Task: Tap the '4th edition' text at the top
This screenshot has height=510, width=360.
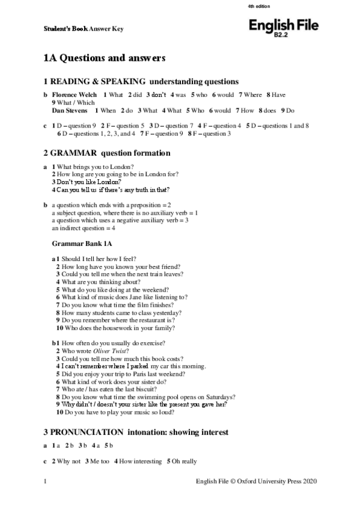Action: coord(259,6)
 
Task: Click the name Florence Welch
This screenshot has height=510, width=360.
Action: coord(74,95)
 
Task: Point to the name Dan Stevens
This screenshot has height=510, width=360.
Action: coord(70,111)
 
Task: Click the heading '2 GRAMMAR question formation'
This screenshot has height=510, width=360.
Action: coord(106,153)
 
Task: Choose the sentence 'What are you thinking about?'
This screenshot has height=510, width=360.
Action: coord(101,281)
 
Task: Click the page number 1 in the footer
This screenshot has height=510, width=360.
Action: coord(46,481)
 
